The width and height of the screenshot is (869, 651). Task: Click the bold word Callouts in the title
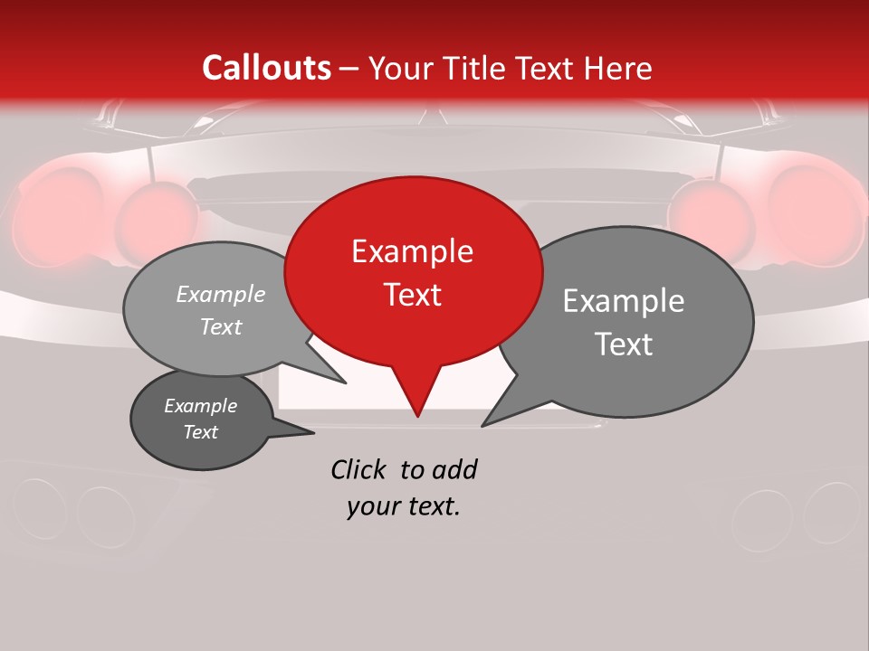(267, 68)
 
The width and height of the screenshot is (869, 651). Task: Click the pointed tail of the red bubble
(416, 398)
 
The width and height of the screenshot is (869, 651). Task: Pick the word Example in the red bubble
(412, 251)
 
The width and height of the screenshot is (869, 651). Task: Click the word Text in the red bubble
(413, 294)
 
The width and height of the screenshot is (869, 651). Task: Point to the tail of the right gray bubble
(503, 411)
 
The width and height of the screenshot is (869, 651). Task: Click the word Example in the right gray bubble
(624, 301)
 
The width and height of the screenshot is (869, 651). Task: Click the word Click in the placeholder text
(358, 469)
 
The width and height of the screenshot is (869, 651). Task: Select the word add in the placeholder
(454, 469)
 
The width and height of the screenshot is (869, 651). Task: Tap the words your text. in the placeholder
(404, 507)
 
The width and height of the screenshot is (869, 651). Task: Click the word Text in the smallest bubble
(200, 432)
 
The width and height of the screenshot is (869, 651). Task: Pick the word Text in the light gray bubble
(221, 326)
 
